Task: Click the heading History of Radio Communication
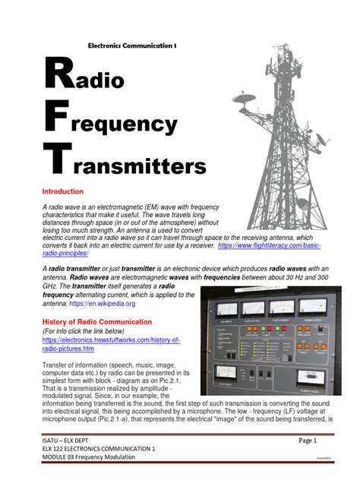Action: [91, 322]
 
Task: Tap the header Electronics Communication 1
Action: [134, 46]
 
